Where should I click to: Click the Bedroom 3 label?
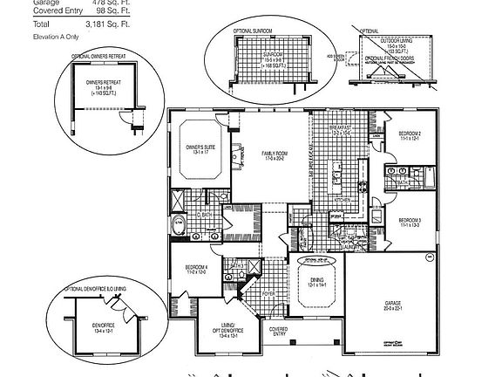point(410,222)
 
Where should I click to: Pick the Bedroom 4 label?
point(196,269)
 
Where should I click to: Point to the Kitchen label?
point(343,200)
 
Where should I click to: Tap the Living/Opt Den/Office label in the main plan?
point(220,330)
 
